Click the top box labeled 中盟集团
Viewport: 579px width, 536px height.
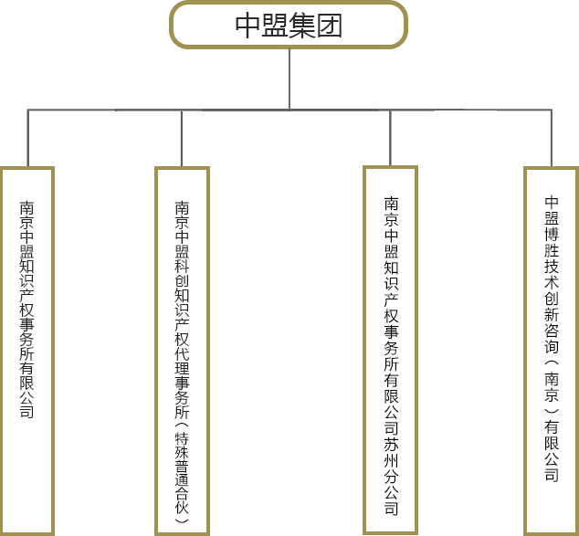click(x=289, y=25)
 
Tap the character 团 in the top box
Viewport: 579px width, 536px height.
click(x=331, y=26)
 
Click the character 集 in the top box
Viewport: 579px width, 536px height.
click(x=303, y=26)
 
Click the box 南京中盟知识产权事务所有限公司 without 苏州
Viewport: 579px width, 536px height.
click(x=27, y=351)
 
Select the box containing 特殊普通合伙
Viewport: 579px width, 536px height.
click(x=182, y=351)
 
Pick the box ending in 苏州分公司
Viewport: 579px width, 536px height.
click(x=391, y=350)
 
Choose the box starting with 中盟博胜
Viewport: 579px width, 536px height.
click(x=552, y=351)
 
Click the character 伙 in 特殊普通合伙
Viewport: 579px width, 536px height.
click(x=182, y=506)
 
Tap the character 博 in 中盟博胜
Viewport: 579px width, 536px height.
click(x=552, y=235)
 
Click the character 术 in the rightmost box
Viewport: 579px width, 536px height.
click(x=552, y=284)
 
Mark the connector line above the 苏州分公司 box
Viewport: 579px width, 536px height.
click(x=391, y=138)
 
